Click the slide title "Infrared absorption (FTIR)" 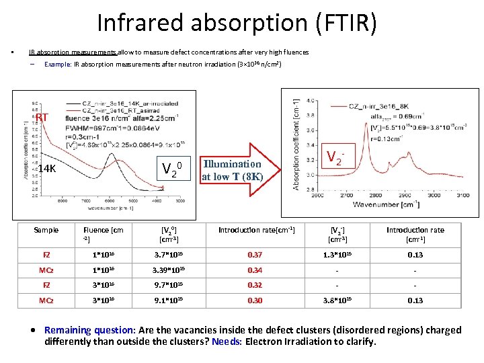point(237,23)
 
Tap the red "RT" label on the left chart point(42,118)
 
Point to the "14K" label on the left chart point(46,169)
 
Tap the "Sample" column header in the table point(46,230)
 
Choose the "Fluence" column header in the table point(103,230)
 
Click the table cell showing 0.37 point(255,255)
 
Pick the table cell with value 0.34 point(255,271)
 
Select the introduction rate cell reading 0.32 point(255,285)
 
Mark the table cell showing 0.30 point(255,300)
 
